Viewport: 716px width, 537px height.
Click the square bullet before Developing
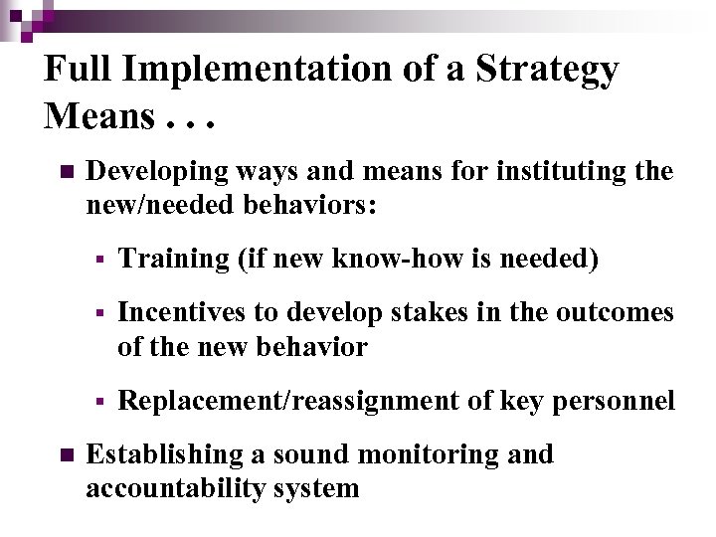[67, 172]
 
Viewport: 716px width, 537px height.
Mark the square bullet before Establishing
[67, 455]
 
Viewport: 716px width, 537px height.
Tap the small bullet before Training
[99, 260]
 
